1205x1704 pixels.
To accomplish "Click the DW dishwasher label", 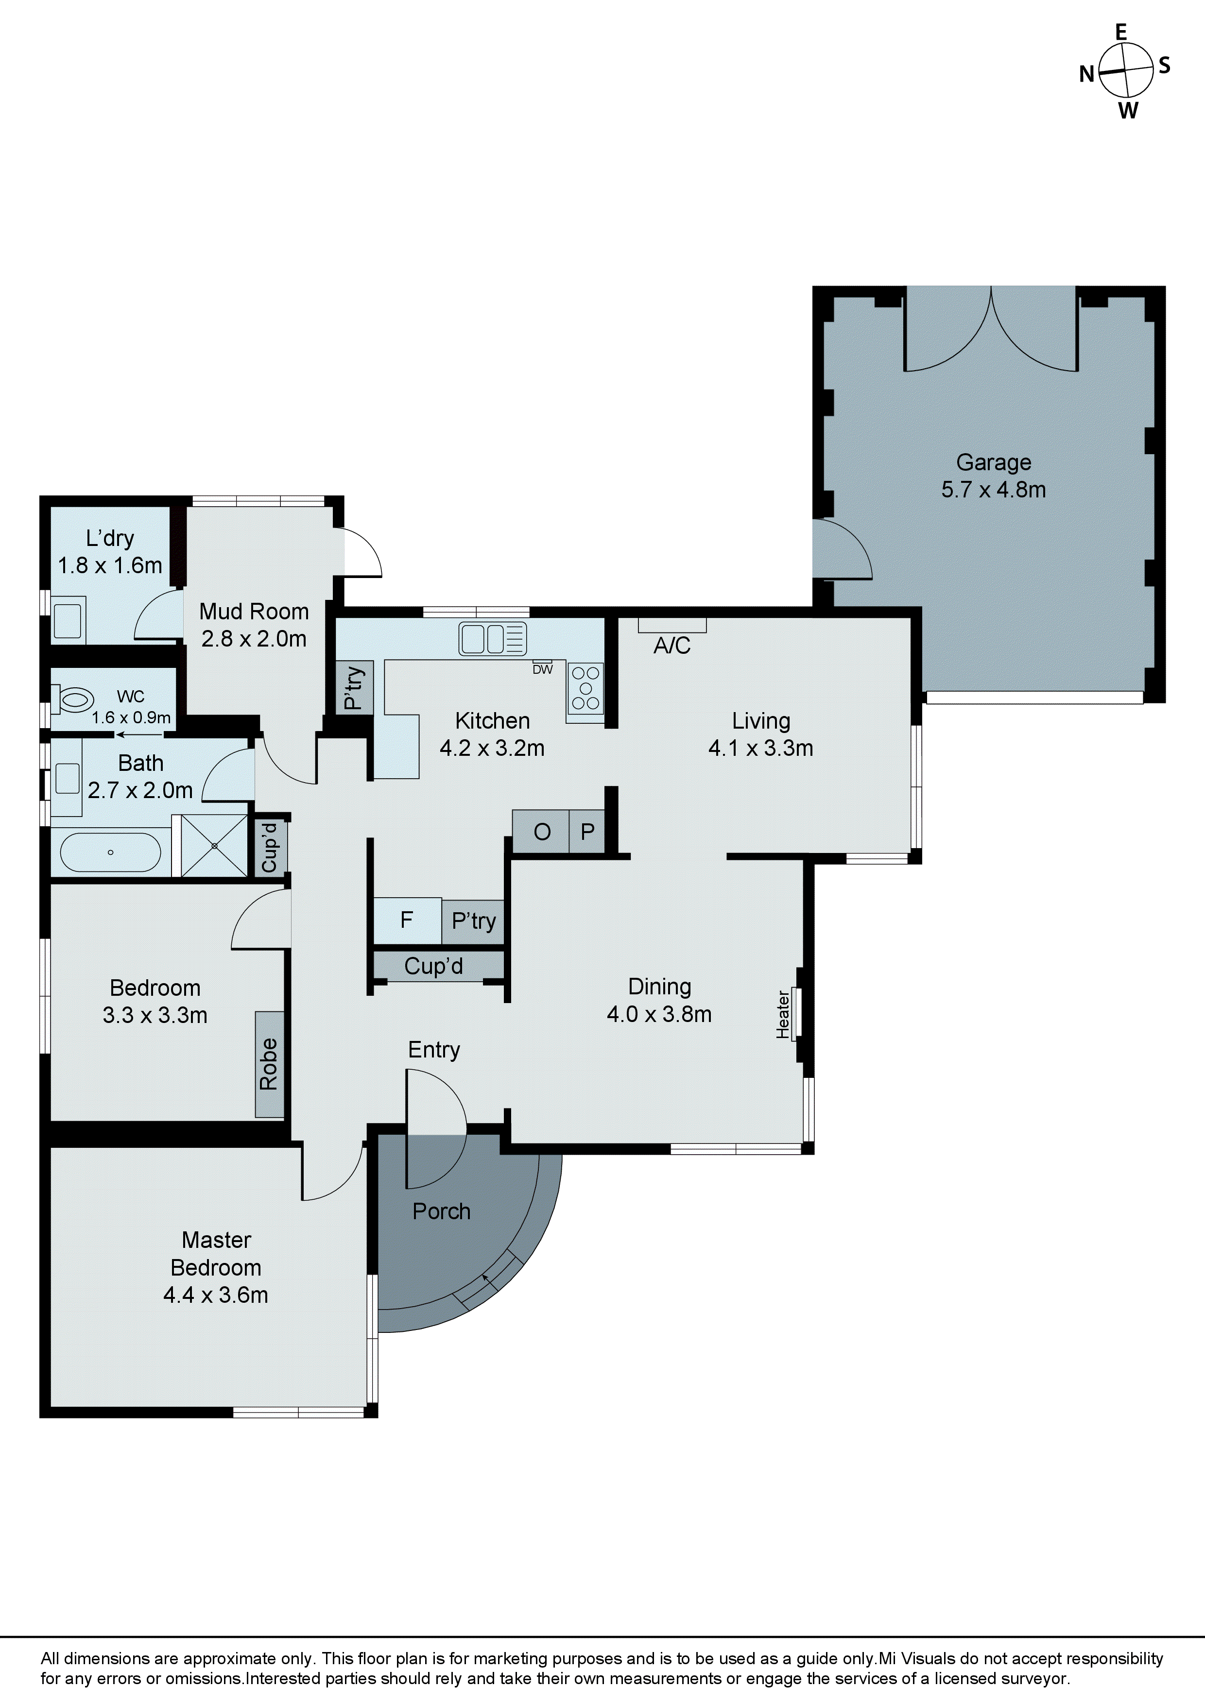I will [x=543, y=669].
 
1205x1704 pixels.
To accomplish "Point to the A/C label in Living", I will [x=672, y=646].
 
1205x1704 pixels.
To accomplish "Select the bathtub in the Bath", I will [x=110, y=852].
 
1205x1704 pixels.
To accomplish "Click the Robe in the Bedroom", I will [x=269, y=1063].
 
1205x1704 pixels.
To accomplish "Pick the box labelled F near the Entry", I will [x=407, y=920].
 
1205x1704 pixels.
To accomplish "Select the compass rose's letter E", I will [x=1121, y=32].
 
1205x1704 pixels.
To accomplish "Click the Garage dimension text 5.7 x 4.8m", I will [x=994, y=490].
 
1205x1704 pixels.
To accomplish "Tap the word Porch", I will [x=442, y=1211].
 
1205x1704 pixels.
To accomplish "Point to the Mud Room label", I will [x=254, y=612].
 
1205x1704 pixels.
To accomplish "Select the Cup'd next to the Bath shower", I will [x=270, y=847].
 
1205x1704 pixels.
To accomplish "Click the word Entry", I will [x=434, y=1049].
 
